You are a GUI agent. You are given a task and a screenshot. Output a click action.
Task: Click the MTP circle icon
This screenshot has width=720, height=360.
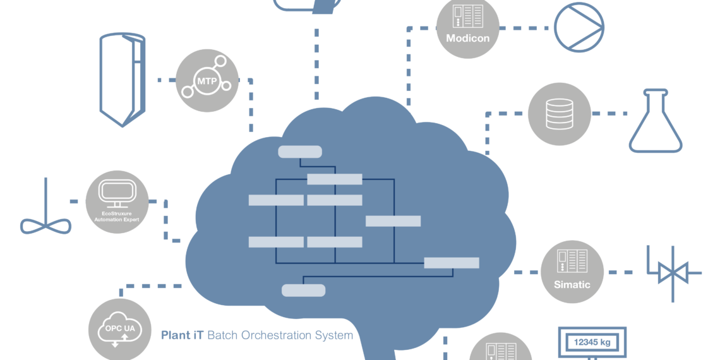207,81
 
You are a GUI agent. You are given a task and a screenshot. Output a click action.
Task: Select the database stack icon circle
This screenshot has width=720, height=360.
559,114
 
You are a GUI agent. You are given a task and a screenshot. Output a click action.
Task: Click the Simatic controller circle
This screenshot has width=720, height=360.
572,272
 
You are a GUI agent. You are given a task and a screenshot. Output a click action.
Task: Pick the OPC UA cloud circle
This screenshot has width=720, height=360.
120,329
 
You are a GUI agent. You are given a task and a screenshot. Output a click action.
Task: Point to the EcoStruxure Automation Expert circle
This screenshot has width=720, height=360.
116,201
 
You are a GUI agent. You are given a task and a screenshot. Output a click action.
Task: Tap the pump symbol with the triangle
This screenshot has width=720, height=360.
579,27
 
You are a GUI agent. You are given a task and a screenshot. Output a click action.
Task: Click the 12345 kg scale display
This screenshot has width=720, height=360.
592,342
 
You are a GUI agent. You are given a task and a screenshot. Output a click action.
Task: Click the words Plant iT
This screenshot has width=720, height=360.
182,335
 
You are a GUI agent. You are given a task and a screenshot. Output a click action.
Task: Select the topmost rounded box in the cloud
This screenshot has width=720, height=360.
300,152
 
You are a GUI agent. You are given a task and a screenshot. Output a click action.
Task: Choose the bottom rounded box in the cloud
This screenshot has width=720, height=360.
303,291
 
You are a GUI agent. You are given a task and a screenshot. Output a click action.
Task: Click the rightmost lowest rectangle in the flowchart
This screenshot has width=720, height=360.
451,263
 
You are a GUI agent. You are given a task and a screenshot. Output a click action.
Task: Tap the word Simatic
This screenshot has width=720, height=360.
572,285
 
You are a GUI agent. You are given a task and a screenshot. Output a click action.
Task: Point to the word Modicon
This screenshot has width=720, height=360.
467,38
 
